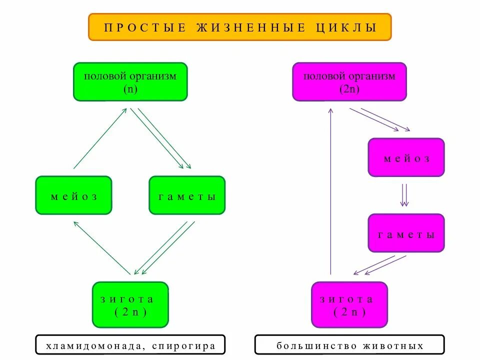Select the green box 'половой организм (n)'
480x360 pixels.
point(130,81)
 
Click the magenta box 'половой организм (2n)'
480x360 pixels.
point(349,81)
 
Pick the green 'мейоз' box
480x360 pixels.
point(73,195)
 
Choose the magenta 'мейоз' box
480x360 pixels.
point(406,157)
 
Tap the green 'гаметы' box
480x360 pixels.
point(187,195)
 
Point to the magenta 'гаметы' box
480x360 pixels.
point(406,233)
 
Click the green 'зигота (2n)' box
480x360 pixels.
point(130,304)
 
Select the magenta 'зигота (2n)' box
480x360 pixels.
point(349,304)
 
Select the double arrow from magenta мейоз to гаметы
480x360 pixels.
point(404,195)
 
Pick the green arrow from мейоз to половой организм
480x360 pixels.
point(100,138)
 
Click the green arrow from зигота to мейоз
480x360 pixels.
point(102,247)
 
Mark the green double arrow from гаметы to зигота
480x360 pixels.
point(164,248)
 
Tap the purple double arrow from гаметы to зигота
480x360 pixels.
point(380,265)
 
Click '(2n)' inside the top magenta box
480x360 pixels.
point(349,89)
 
